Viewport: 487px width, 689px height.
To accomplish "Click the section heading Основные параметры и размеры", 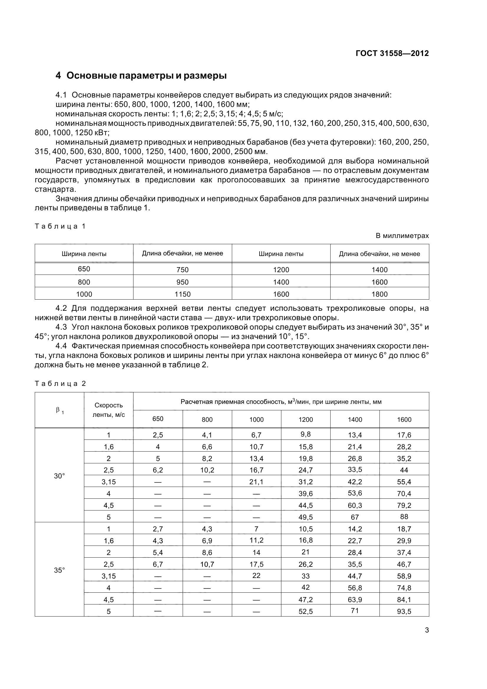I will pos(141,76).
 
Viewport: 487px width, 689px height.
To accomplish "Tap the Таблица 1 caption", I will pos(60,226).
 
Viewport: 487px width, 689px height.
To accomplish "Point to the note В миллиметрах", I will pos(402,236).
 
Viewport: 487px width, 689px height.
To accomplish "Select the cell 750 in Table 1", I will pos(182,270).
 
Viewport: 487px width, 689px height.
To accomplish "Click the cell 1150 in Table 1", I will pos(182,294).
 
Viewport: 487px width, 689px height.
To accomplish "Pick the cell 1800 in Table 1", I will pos(379,294).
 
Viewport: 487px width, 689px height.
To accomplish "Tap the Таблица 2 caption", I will pos(60,384).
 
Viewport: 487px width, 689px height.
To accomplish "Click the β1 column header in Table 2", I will pos(60,410).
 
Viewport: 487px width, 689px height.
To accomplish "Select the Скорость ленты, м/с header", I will pos(109,410).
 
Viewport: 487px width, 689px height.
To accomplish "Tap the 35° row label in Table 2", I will pos(60,570).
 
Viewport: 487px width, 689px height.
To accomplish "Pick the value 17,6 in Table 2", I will pos(404,435).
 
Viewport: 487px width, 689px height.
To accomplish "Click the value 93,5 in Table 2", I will pos(404,611).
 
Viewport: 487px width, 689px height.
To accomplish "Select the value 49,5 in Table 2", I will pos(306,517).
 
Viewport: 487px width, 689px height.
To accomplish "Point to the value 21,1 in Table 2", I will pos(256,482).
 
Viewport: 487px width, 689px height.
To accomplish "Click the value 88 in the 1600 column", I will pos(404,516).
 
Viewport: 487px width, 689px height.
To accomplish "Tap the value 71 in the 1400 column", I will pos(355,610).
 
